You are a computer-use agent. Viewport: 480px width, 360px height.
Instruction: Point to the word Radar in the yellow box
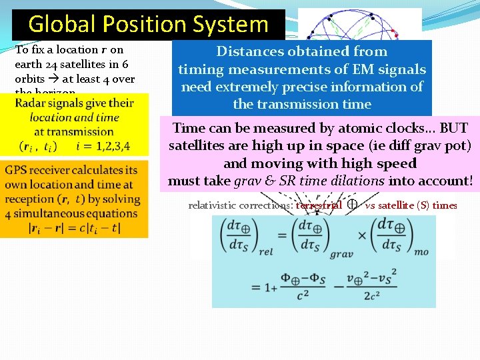[x=31, y=103]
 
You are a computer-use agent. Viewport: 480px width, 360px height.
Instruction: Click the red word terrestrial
[x=319, y=205]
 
